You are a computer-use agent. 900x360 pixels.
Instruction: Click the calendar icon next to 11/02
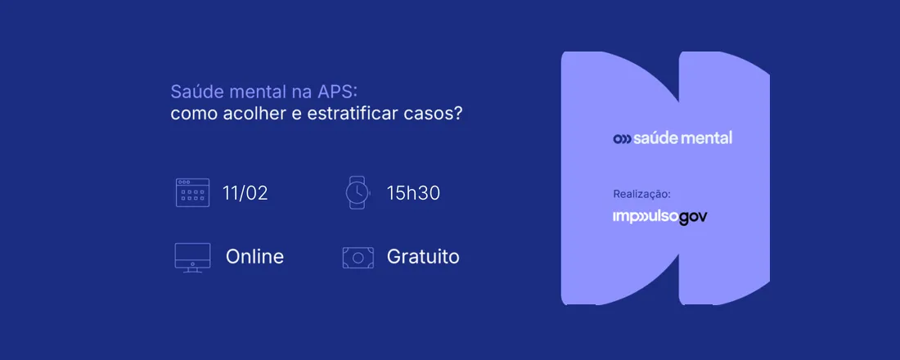[192, 192]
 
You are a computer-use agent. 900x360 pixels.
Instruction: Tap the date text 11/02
[245, 193]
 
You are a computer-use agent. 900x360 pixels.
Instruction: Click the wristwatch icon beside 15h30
[357, 192]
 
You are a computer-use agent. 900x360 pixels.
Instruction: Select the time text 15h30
[414, 193]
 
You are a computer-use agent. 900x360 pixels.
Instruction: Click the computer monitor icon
[192, 257]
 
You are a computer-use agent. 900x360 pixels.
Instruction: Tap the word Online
[254, 257]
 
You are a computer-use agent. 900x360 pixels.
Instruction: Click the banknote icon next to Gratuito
[358, 257]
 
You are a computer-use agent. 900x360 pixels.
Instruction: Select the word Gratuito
[423, 257]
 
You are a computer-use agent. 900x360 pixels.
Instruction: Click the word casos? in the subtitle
[434, 113]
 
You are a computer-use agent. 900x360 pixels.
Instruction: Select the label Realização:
[641, 195]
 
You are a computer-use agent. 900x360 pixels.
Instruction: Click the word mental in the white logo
[708, 137]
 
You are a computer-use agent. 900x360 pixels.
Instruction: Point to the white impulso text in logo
[646, 218]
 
